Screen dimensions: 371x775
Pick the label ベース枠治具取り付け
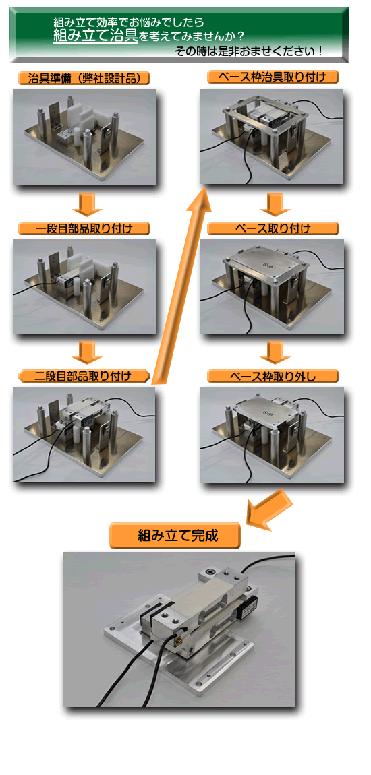[x=273, y=77]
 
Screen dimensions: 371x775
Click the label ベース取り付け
[x=273, y=228]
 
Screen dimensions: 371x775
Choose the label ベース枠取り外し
[x=273, y=375]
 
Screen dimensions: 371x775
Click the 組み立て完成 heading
[x=175, y=536]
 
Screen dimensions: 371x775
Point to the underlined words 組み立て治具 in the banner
[x=96, y=36]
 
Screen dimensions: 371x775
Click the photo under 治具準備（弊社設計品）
[x=85, y=137]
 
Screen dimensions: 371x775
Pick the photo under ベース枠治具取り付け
[x=272, y=136]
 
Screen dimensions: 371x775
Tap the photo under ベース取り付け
[x=272, y=286]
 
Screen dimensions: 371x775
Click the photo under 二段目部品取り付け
[x=84, y=434]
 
